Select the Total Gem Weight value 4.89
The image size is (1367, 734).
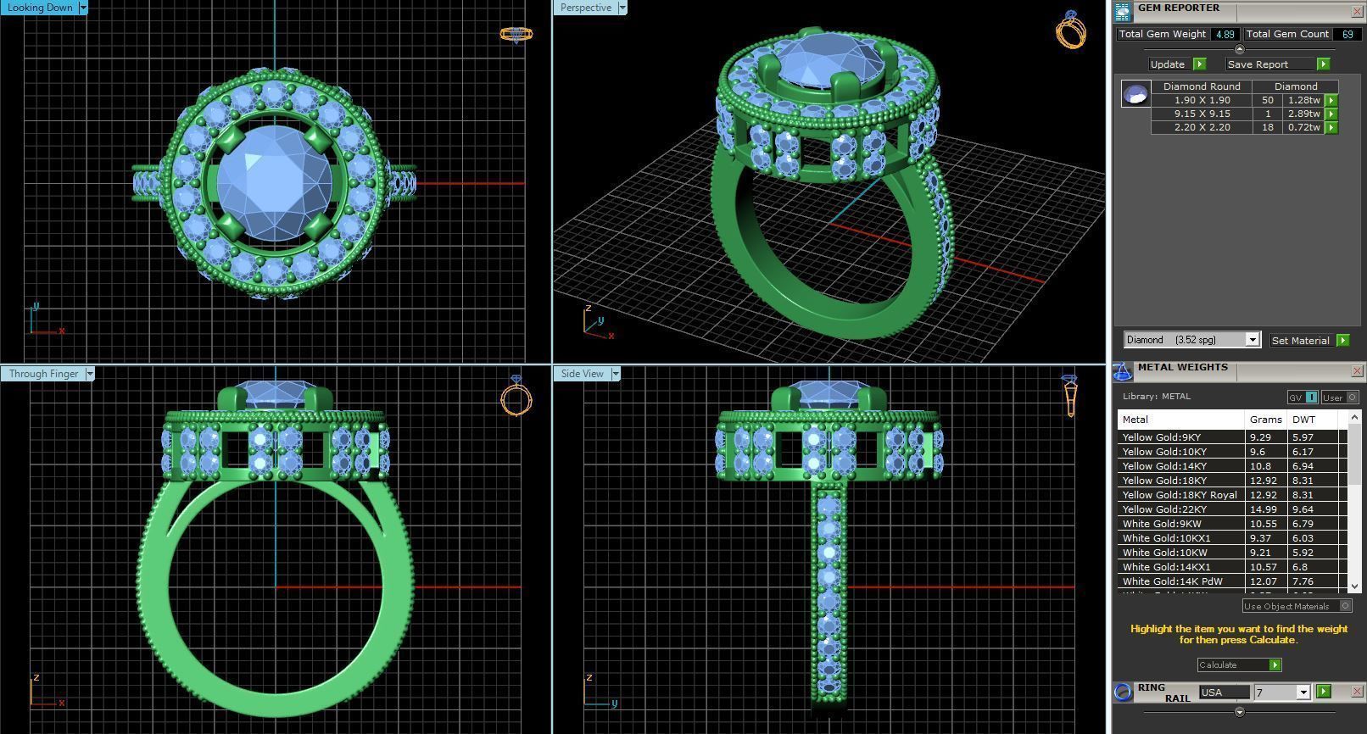click(1224, 35)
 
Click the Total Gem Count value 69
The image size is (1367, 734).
click(1346, 35)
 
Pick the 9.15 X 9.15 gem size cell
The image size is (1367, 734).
click(1202, 114)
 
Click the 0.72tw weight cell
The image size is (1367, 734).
click(1303, 127)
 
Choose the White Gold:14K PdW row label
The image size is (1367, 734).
click(1172, 581)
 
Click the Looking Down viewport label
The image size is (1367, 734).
click(41, 8)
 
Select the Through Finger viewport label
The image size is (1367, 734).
click(43, 374)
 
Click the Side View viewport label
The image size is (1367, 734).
click(582, 374)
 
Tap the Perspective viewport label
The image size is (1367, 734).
click(585, 8)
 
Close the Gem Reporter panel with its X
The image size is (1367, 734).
click(1356, 11)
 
